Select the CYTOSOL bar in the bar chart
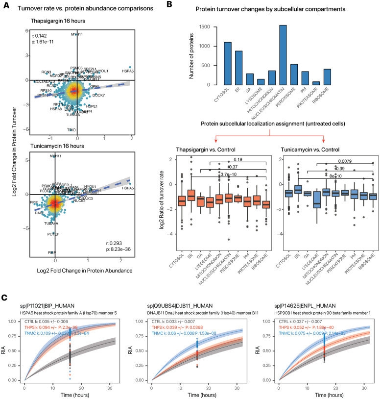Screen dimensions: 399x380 tap(214, 63)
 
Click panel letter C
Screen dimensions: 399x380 tap(5, 297)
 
